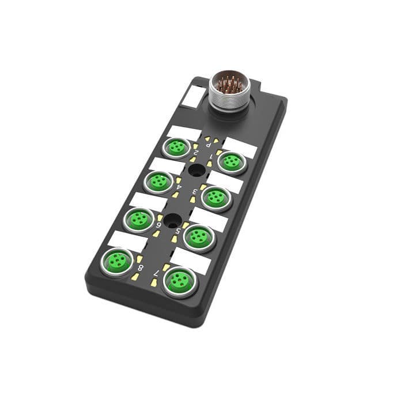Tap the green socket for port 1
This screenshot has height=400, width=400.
point(232,162)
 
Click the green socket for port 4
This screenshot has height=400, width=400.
point(158,182)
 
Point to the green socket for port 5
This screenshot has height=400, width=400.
point(199,236)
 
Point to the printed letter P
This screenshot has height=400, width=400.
point(208,145)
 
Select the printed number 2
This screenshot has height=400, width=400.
point(197,154)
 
